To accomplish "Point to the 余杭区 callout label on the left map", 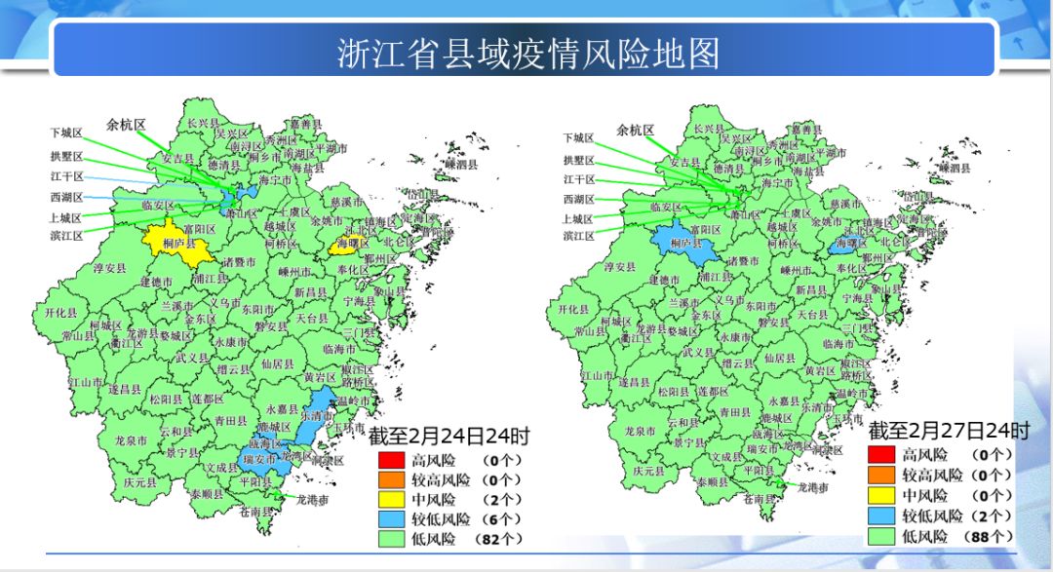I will click(126, 125).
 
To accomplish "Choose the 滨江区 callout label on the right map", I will click(578, 236).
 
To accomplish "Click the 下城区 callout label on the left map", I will click(66, 133).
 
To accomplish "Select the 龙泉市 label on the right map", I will click(640, 432).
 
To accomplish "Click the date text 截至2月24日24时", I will click(448, 436).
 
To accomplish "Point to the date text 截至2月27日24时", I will click(949, 430).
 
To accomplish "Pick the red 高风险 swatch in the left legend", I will click(391, 459).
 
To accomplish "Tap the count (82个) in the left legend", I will click(499, 538).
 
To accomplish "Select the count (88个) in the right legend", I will click(989, 536).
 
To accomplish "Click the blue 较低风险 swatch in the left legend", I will click(391, 518).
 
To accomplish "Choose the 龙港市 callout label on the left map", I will click(315, 499).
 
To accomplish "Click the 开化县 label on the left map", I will click(60, 313).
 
